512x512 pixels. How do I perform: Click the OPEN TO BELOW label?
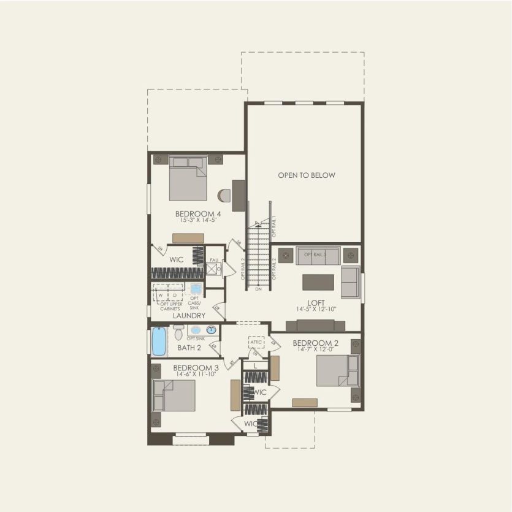coord(307,175)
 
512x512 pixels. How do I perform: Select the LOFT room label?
coord(316,302)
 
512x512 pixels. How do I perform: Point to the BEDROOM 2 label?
coord(316,343)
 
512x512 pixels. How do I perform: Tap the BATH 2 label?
coord(189,348)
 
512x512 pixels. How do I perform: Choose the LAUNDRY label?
coord(189,316)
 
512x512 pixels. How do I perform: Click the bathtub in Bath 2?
coord(159,342)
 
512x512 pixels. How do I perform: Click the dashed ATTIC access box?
coord(256,342)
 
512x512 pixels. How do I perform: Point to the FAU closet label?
coord(214,260)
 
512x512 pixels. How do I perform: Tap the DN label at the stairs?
coord(259,288)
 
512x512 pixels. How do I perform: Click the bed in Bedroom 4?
coord(188,179)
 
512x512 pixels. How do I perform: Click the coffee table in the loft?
coord(318,281)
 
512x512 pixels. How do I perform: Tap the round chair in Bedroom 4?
coord(224,196)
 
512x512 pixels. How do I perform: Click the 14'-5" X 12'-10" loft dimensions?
coord(316,310)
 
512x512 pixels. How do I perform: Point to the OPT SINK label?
coord(195,338)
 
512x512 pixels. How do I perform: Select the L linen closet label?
coord(255,365)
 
